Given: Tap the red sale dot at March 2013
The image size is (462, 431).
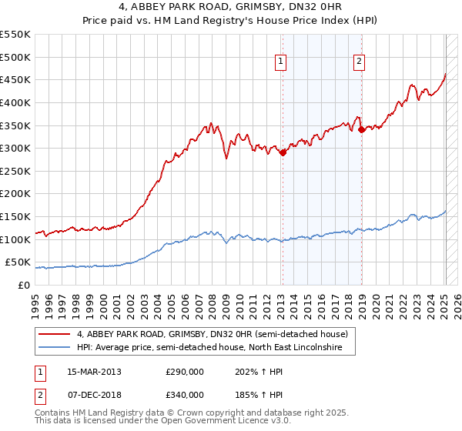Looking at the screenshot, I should pyautogui.click(x=283, y=152).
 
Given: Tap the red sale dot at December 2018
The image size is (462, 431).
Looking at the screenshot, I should pyautogui.click(x=362, y=130).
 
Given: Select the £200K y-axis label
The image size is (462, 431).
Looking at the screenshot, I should pyautogui.click(x=16, y=194).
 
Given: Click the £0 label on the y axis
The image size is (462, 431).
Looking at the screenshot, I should pyautogui.click(x=25, y=285).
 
